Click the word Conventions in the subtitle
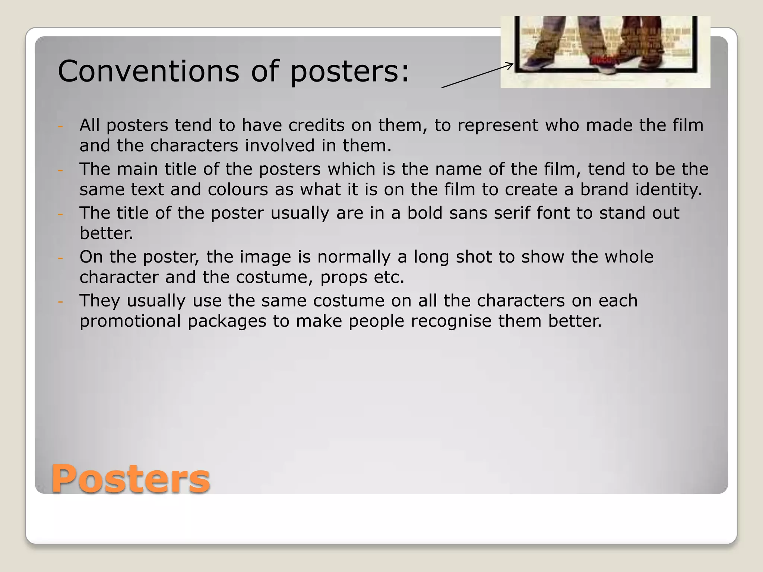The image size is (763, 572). click(148, 71)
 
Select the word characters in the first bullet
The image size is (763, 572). click(194, 146)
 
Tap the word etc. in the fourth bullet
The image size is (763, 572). click(389, 277)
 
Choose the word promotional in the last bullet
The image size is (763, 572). click(130, 321)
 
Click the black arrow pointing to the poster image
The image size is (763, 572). click(477, 76)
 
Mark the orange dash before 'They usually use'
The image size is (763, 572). click(60, 302)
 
